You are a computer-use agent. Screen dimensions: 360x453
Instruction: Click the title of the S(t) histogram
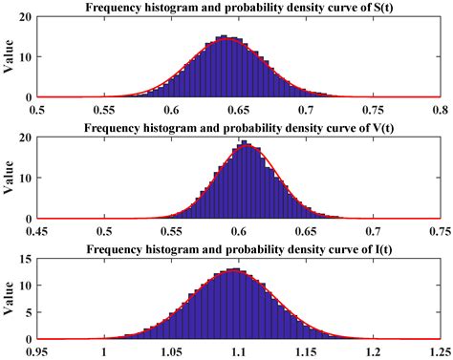[243, 8]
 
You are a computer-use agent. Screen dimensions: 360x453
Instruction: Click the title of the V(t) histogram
[243, 130]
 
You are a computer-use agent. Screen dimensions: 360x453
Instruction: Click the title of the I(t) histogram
[243, 251]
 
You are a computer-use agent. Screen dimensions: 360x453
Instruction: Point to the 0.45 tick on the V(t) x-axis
[38, 230]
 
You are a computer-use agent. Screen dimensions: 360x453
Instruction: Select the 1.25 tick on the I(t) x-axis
[440, 352]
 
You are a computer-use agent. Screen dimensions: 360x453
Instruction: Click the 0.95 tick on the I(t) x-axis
[38, 352]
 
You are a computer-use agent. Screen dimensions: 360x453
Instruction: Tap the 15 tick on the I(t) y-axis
[25, 261]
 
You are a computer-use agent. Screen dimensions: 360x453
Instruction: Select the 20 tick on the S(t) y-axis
[25, 17]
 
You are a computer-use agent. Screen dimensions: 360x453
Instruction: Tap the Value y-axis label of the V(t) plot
[9, 179]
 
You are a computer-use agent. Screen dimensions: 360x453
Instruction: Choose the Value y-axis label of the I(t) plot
[9, 300]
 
